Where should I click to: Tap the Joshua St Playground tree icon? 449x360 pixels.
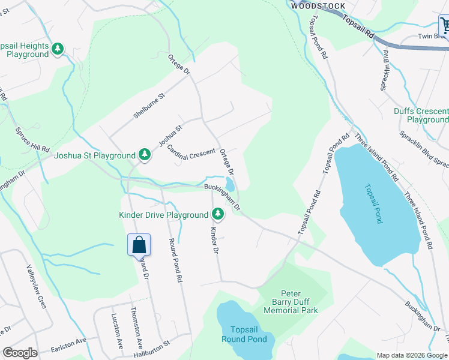[145, 155]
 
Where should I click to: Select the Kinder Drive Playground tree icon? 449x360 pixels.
[217, 214]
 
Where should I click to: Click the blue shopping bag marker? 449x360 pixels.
[139, 245]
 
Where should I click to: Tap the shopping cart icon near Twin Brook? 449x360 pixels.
[445, 26]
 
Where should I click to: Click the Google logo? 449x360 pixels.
[20, 353]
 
